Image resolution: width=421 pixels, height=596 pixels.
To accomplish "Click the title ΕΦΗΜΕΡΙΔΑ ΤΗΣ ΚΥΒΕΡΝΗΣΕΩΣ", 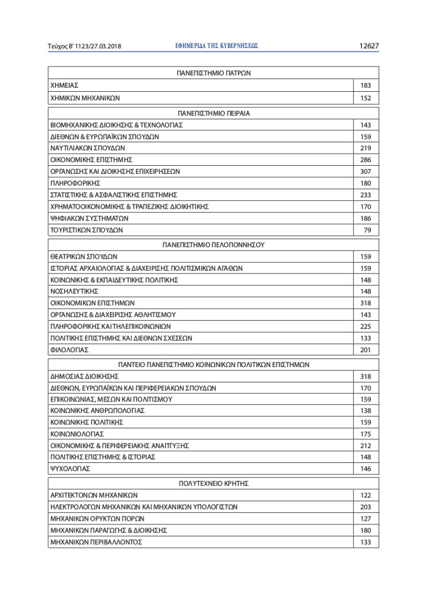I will (x=216, y=46).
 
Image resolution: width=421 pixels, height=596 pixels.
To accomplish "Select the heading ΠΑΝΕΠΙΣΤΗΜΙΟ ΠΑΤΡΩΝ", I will (x=213, y=73).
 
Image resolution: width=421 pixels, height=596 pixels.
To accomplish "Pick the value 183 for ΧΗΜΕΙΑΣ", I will (x=365, y=85).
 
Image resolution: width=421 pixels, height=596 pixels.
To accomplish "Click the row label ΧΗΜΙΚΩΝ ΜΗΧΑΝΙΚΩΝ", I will (x=85, y=98).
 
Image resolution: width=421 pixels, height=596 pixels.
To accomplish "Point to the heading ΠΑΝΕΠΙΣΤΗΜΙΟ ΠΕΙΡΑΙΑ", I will (x=213, y=113).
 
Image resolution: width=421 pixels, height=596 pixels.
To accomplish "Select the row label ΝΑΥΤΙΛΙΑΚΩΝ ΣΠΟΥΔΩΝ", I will (x=88, y=148).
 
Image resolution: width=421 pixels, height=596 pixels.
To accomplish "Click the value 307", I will (x=365, y=171).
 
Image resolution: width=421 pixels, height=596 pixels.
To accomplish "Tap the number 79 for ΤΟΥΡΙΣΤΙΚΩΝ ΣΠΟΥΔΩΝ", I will (x=367, y=230).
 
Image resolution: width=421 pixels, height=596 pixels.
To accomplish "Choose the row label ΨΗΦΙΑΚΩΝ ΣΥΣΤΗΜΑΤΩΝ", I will (x=89, y=219).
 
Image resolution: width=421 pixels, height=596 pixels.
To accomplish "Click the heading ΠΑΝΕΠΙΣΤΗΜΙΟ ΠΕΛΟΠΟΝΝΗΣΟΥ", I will (x=213, y=244).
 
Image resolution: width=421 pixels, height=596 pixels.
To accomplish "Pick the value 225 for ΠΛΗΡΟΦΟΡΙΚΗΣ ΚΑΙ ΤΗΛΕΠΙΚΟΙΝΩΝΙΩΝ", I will (x=365, y=326).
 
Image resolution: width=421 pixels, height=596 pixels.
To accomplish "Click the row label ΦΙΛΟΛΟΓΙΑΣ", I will (x=69, y=350).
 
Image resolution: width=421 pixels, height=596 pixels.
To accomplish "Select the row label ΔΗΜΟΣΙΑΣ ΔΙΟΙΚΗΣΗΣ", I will (x=84, y=376).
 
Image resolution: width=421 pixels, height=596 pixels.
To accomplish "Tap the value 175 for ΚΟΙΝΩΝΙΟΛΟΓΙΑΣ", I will (x=365, y=434).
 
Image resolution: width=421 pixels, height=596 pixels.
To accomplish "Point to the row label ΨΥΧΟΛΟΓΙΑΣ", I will (x=70, y=469).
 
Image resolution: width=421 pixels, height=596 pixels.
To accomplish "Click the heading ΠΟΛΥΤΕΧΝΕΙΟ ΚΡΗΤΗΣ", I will (x=213, y=483).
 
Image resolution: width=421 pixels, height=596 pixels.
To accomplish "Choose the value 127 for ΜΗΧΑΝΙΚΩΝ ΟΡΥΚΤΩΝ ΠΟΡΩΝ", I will (x=365, y=519).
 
